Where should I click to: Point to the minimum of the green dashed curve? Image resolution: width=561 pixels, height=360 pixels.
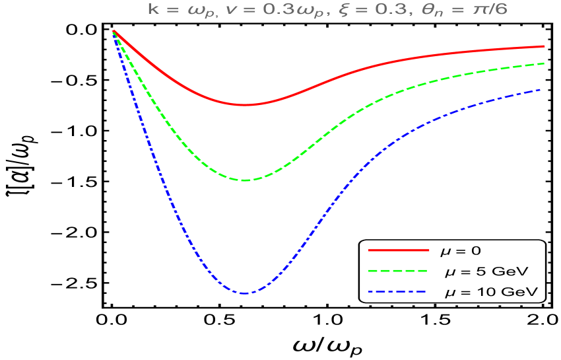(246, 180)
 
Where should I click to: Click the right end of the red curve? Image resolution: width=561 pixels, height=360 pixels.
(543, 46)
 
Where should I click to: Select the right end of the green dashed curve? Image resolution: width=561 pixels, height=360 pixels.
(543, 63)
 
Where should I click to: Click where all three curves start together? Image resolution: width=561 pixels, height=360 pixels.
(114, 31)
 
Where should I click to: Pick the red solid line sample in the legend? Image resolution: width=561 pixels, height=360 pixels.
(399, 250)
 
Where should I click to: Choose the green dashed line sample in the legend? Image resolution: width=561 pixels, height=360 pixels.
(399, 271)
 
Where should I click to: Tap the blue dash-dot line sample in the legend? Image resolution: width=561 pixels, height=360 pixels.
(399, 291)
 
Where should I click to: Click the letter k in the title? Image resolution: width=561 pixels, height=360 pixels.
(152, 10)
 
